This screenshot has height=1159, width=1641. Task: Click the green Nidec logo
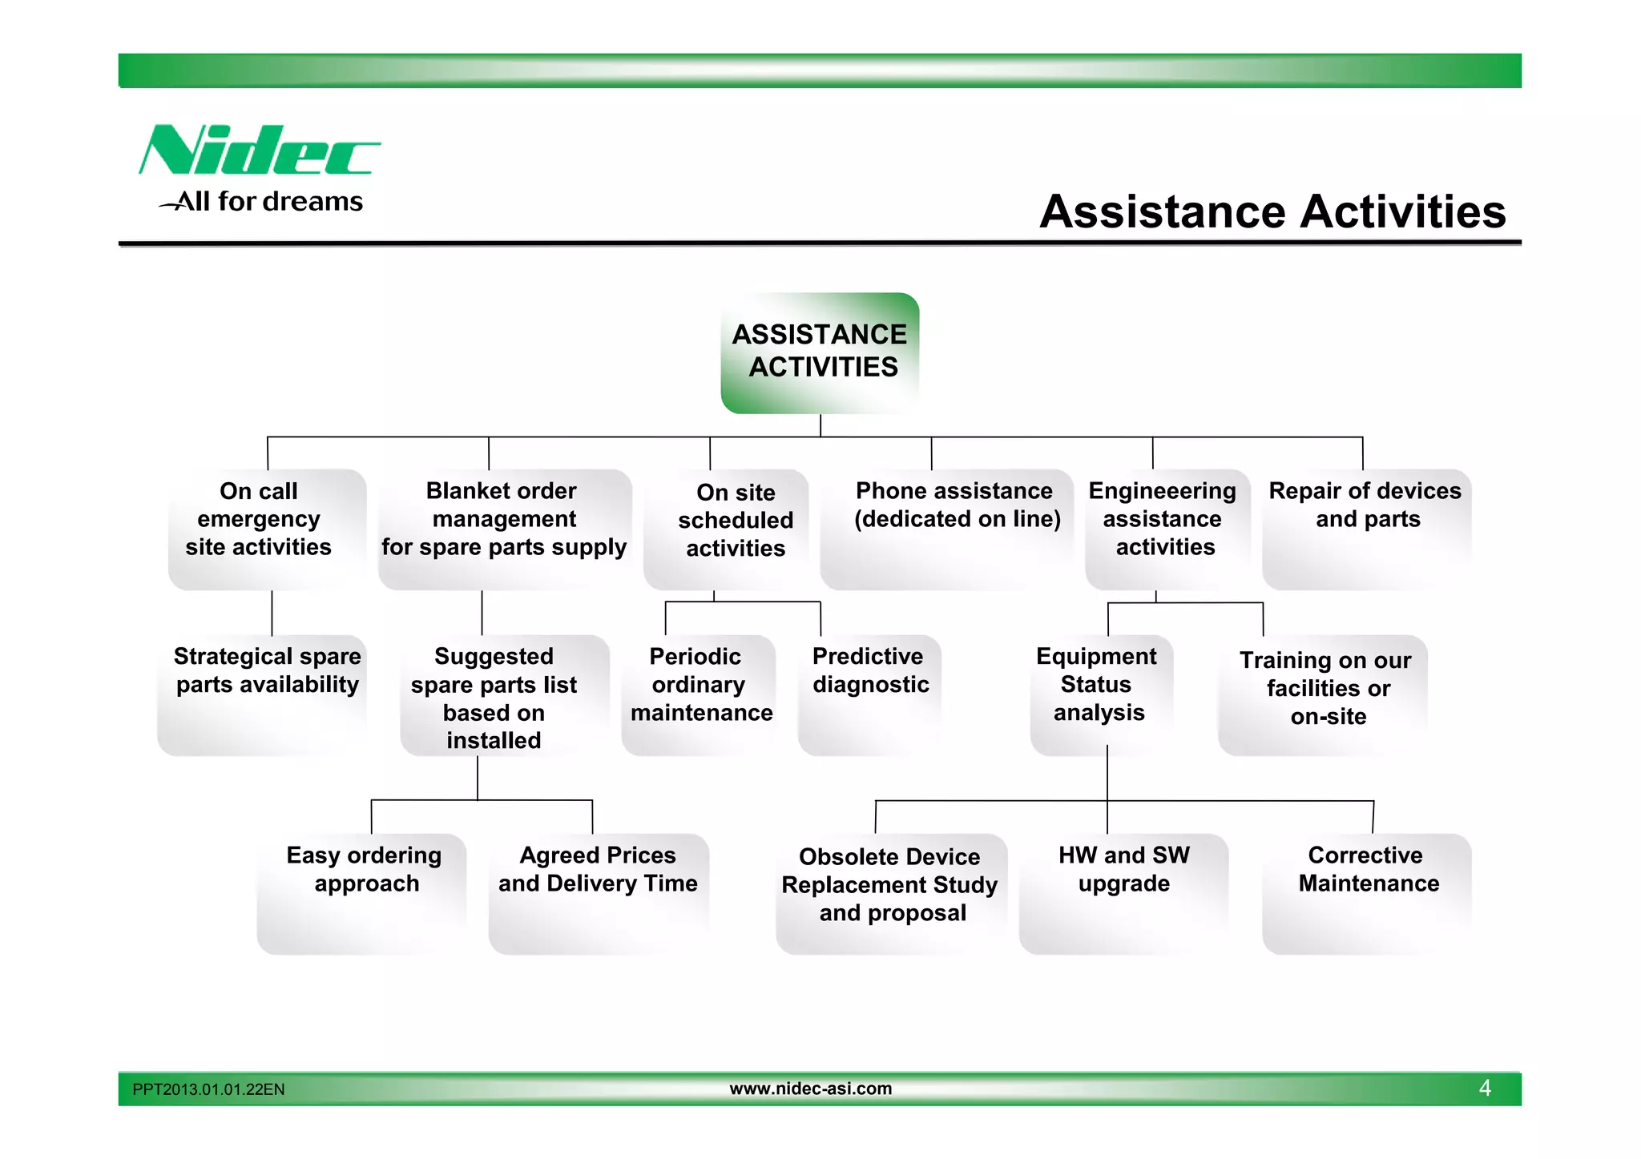258,151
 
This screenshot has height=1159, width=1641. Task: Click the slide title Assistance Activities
1272,211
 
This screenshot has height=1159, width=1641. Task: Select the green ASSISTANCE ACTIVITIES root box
820,352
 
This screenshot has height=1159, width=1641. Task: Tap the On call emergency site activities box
267,529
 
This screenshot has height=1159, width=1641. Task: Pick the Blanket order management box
504,529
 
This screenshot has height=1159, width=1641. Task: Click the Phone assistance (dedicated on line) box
947,529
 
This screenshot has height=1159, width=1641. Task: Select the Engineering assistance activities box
1167,529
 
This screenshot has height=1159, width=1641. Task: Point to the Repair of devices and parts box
1366,529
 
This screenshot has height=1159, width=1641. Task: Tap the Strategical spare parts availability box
263,694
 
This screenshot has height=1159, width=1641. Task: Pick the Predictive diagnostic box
869,694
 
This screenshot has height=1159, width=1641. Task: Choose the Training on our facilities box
1323,694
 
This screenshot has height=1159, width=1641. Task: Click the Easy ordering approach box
362,893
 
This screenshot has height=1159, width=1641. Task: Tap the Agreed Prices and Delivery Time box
599,893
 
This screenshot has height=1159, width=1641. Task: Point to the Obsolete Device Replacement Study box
891,893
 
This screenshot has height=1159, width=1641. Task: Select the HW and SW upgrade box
1123,893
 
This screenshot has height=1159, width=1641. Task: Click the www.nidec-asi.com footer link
810,1089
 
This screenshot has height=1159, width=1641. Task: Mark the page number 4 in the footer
1485,1089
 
